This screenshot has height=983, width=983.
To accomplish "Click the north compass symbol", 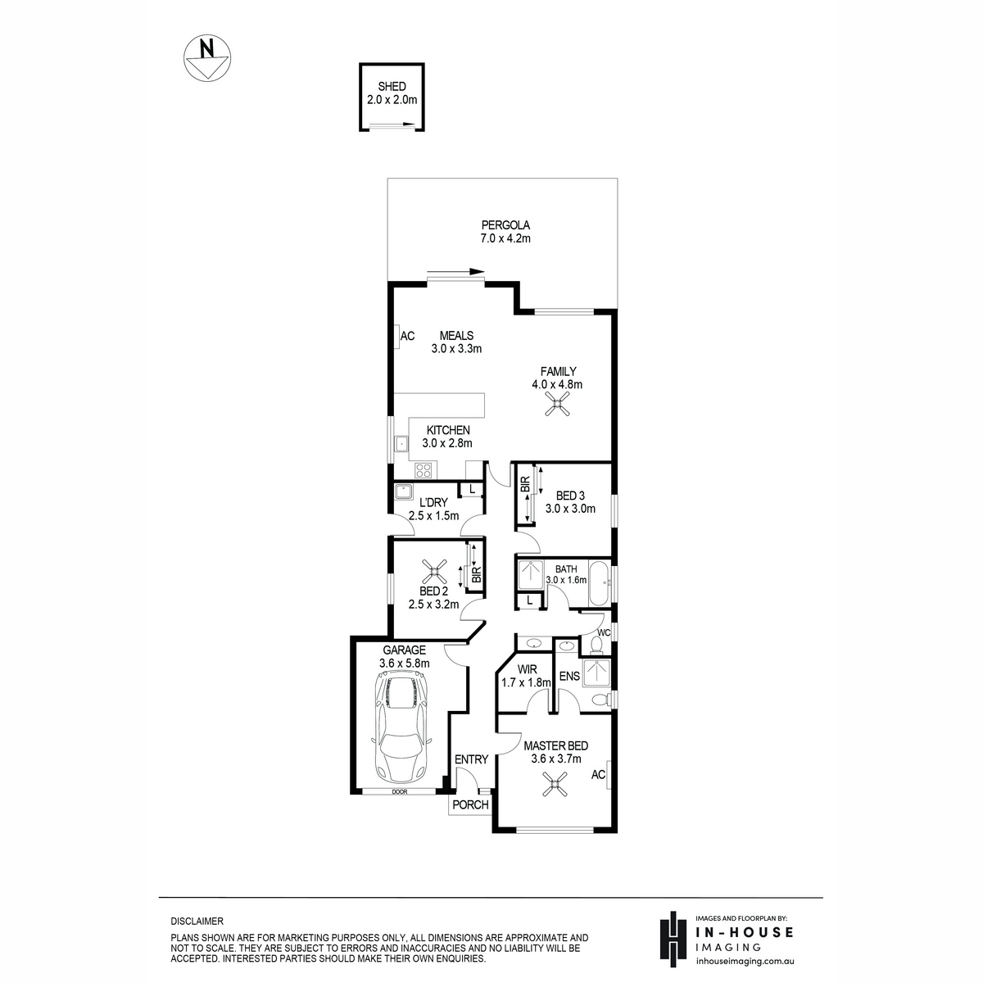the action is [x=207, y=57].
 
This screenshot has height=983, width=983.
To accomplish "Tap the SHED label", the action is [x=392, y=86].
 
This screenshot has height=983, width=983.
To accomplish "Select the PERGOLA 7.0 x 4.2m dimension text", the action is [x=505, y=238].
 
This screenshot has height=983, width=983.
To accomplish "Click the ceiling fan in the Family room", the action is [x=557, y=404].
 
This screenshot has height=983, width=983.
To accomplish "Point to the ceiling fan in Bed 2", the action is [x=434, y=572].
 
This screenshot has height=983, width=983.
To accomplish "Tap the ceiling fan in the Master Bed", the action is [x=555, y=784].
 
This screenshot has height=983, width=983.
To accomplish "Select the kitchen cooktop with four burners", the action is [x=424, y=469].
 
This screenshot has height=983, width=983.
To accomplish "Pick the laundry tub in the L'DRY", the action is [x=403, y=491].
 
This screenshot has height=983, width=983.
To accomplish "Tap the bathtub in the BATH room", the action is [x=599, y=582].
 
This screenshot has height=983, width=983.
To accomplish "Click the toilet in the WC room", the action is [x=596, y=646].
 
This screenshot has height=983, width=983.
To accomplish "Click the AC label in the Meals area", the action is [x=407, y=336].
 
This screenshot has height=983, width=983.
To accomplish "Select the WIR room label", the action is [x=527, y=669].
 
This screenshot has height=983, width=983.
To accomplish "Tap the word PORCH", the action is [x=470, y=804].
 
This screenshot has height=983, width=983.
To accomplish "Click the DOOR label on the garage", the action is [x=400, y=791].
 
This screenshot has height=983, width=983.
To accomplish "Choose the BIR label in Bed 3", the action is [x=525, y=483].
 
